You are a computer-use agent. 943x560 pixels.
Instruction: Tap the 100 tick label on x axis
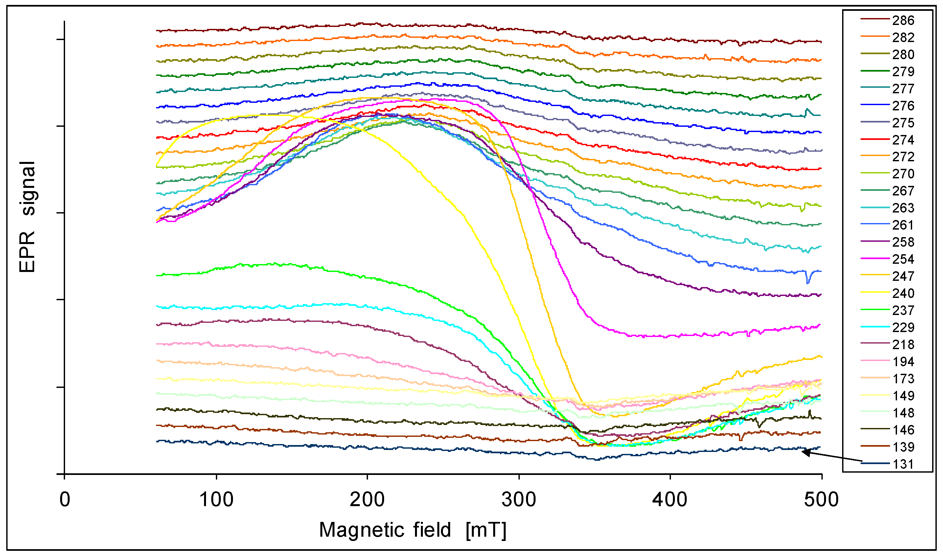[x=216, y=500]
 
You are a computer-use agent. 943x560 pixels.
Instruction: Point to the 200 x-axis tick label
[x=367, y=500]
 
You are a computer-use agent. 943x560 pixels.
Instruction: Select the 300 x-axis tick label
[x=519, y=500]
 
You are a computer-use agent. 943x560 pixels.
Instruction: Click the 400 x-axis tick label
[x=670, y=500]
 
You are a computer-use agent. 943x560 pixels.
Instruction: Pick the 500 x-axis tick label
[x=821, y=500]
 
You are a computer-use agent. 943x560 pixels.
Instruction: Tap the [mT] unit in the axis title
[x=486, y=530]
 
